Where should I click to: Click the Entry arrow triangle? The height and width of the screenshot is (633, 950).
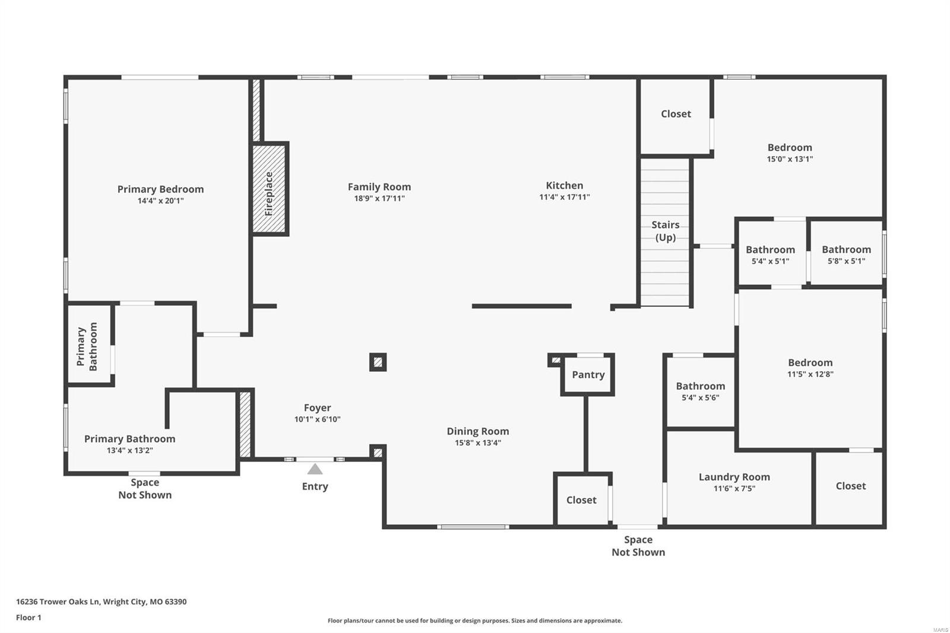pyautogui.click(x=315, y=470)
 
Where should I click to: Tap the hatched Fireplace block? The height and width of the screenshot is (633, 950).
pyautogui.click(x=270, y=189)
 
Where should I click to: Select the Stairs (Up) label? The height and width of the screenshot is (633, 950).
pyautogui.click(x=665, y=231)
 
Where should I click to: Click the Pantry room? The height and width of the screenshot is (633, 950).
pyautogui.click(x=588, y=375)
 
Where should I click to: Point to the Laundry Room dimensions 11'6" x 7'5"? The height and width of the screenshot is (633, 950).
pyautogui.click(x=734, y=489)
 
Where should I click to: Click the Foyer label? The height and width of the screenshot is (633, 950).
pyautogui.click(x=317, y=408)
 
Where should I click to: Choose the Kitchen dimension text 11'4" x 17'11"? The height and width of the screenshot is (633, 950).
pyautogui.click(x=564, y=197)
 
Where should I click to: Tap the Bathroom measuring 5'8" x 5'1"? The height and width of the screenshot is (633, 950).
pyautogui.click(x=846, y=255)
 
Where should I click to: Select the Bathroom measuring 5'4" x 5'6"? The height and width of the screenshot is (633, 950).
pyautogui.click(x=700, y=391)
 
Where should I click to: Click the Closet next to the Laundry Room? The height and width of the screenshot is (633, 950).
pyautogui.click(x=850, y=486)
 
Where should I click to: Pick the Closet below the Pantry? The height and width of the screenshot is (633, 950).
pyautogui.click(x=581, y=500)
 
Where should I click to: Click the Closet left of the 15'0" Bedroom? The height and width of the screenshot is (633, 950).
pyautogui.click(x=676, y=114)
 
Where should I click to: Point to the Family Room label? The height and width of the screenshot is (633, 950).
pyautogui.click(x=379, y=187)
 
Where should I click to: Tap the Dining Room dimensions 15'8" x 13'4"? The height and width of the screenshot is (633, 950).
pyautogui.click(x=477, y=443)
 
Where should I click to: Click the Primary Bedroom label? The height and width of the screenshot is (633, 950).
pyautogui.click(x=160, y=189)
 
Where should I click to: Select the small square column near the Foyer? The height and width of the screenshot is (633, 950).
pyautogui.click(x=378, y=362)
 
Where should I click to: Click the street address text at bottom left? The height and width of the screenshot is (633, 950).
pyautogui.click(x=101, y=602)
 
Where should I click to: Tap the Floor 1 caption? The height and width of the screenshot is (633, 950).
pyautogui.click(x=28, y=618)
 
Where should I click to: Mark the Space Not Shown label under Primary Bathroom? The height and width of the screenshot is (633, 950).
pyautogui.click(x=145, y=489)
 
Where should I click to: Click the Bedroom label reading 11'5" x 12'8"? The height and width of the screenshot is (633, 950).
pyautogui.click(x=810, y=363)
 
